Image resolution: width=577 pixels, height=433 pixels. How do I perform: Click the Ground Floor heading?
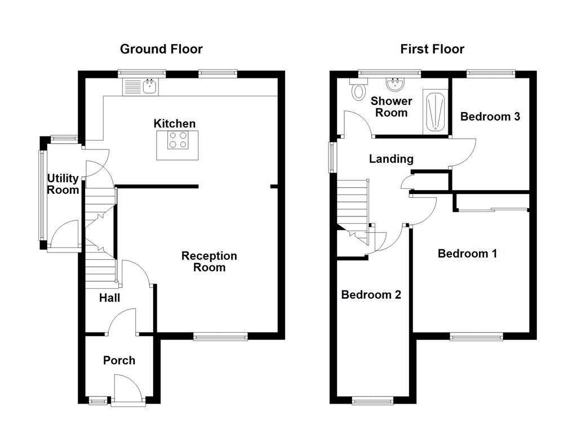click(x=161, y=49)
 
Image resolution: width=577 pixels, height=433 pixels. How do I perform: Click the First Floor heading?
click(x=432, y=49)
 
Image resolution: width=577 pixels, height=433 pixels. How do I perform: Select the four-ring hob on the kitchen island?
click(x=177, y=139)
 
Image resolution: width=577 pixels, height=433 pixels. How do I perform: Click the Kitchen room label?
click(x=175, y=123)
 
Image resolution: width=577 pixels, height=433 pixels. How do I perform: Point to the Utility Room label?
click(x=63, y=184)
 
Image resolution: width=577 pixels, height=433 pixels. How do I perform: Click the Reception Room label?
click(x=209, y=262)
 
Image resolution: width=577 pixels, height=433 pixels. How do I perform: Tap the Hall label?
click(x=109, y=298)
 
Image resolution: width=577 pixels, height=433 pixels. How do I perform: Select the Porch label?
click(x=119, y=360)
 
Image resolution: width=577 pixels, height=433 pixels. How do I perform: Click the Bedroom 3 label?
click(x=490, y=117)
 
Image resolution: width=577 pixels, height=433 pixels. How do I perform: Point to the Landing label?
click(x=391, y=159)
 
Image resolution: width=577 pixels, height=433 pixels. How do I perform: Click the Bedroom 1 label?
click(x=467, y=254)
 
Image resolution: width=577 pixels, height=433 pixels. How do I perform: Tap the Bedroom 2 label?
click(x=371, y=295)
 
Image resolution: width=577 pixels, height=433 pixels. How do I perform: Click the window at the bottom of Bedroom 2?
click(x=373, y=401)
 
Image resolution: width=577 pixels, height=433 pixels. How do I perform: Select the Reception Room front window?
click(x=220, y=337)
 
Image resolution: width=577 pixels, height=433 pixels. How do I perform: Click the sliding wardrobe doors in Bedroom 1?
click(x=492, y=210)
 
